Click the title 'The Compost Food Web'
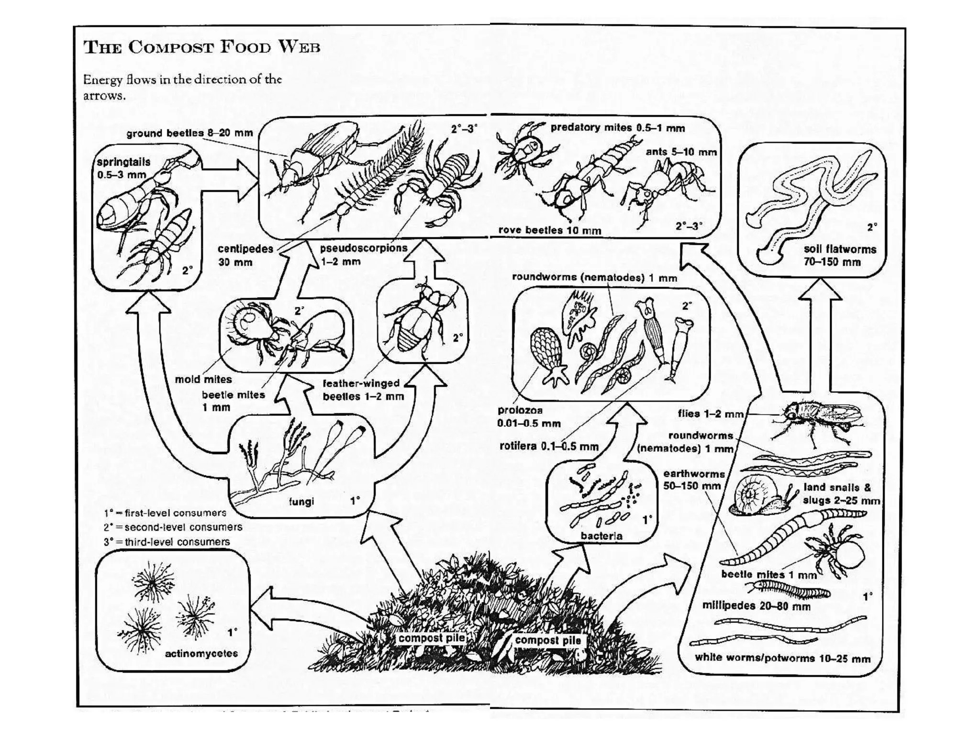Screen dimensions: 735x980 click(201, 47)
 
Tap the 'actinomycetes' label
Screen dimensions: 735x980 click(201, 654)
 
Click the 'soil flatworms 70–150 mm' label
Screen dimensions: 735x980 click(839, 256)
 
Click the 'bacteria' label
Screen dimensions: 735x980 click(601, 536)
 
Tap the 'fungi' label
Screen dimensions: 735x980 click(301, 501)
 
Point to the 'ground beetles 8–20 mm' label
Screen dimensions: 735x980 click(189, 133)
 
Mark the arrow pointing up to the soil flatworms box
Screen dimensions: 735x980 click(820, 335)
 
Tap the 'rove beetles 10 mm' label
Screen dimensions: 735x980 click(549, 230)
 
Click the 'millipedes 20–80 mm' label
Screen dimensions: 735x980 click(756, 606)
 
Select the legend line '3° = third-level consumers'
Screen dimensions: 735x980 click(167, 542)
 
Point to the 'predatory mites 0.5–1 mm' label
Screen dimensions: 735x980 click(617, 128)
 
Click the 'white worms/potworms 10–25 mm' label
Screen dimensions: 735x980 click(782, 658)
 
